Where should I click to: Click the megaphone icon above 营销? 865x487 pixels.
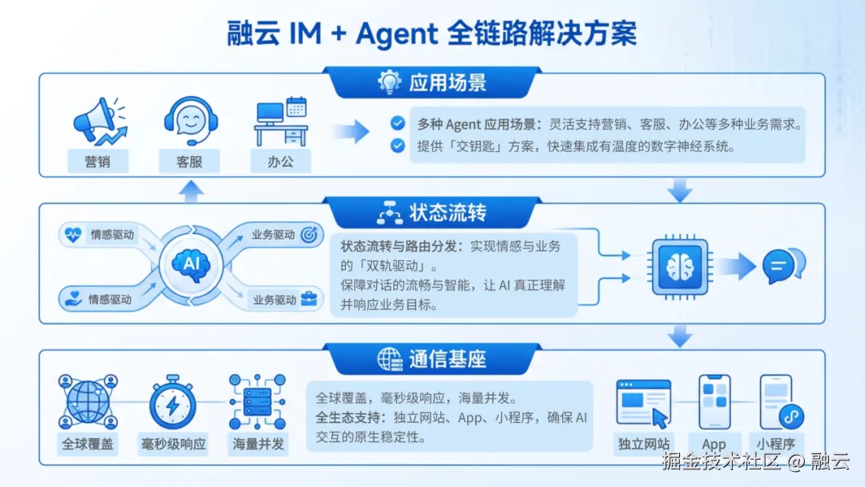pyautogui.click(x=98, y=122)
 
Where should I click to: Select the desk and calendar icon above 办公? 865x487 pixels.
pyautogui.click(x=280, y=122)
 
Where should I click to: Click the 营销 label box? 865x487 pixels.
pyautogui.click(x=97, y=161)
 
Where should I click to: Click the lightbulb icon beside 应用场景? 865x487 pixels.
pyautogui.click(x=389, y=82)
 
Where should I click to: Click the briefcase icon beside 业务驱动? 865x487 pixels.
pyautogui.click(x=309, y=300)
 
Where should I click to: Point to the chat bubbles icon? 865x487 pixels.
pyautogui.click(x=783, y=265)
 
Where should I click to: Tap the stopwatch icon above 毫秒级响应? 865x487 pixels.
pyautogui.click(x=172, y=403)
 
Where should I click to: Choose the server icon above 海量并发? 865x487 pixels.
pyautogui.click(x=256, y=403)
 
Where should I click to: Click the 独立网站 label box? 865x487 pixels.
pyautogui.click(x=644, y=444)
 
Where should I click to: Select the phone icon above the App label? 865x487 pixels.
pyautogui.click(x=714, y=401)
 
